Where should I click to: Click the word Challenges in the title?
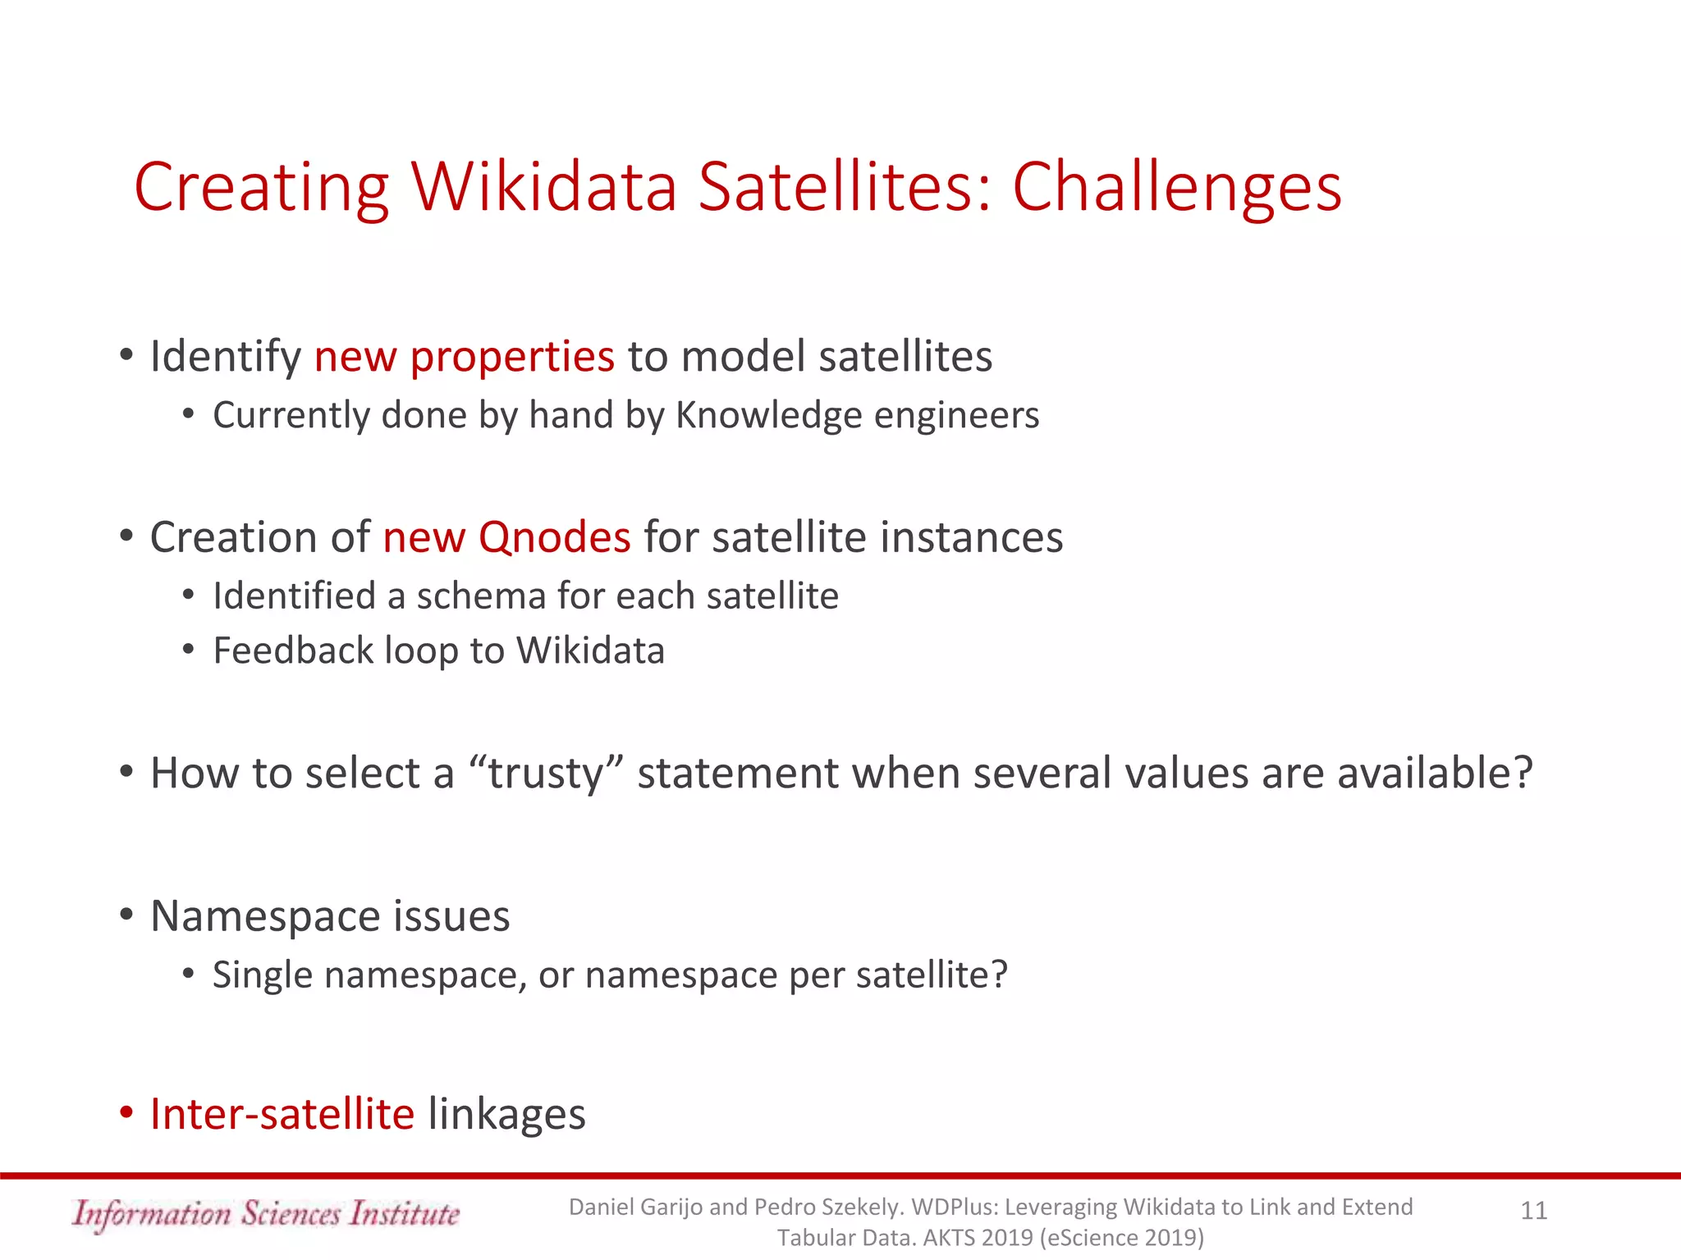1176,189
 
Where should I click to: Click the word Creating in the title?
261,189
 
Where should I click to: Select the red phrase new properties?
464,357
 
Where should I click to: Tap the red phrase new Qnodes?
506,537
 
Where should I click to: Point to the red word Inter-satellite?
282,1114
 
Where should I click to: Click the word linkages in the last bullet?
506,1114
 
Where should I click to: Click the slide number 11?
1533,1211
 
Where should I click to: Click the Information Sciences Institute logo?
265,1214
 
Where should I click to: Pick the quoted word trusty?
546,773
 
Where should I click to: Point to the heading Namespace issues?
330,915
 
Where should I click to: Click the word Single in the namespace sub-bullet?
263,975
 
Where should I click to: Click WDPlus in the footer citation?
954,1207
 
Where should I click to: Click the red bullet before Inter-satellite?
126,1113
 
